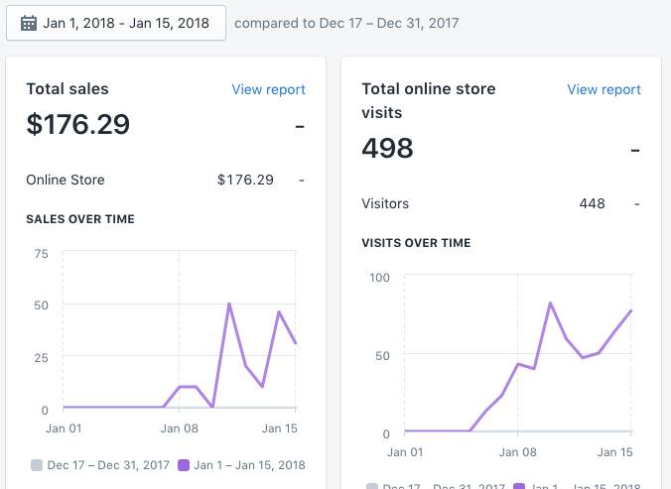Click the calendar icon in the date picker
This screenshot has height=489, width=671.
[x=29, y=23]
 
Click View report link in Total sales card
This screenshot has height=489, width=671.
[x=268, y=89]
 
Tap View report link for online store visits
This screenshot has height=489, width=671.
[x=604, y=89]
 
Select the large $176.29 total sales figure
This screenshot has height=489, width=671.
[x=78, y=125]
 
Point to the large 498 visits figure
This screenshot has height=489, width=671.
[x=388, y=149]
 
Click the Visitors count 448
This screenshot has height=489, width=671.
[x=592, y=203]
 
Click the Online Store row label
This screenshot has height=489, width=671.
[x=66, y=180]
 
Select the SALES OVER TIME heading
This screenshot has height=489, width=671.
[x=80, y=219]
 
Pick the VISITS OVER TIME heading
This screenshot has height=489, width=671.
[x=416, y=243]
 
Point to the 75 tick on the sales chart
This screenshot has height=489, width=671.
[x=41, y=254]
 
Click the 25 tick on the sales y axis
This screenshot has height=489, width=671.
[x=41, y=356]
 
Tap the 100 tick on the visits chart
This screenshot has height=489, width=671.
[x=380, y=276]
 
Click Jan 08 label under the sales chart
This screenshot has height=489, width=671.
[x=179, y=428]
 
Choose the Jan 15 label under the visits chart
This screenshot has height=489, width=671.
[x=613, y=452]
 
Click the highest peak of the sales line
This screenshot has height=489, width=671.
[x=229, y=304]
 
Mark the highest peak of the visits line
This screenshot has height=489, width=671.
[x=550, y=303]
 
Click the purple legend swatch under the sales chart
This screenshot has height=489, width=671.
[x=184, y=464]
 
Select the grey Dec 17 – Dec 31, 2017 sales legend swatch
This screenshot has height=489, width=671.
[x=37, y=464]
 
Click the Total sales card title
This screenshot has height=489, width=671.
[x=67, y=89]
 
